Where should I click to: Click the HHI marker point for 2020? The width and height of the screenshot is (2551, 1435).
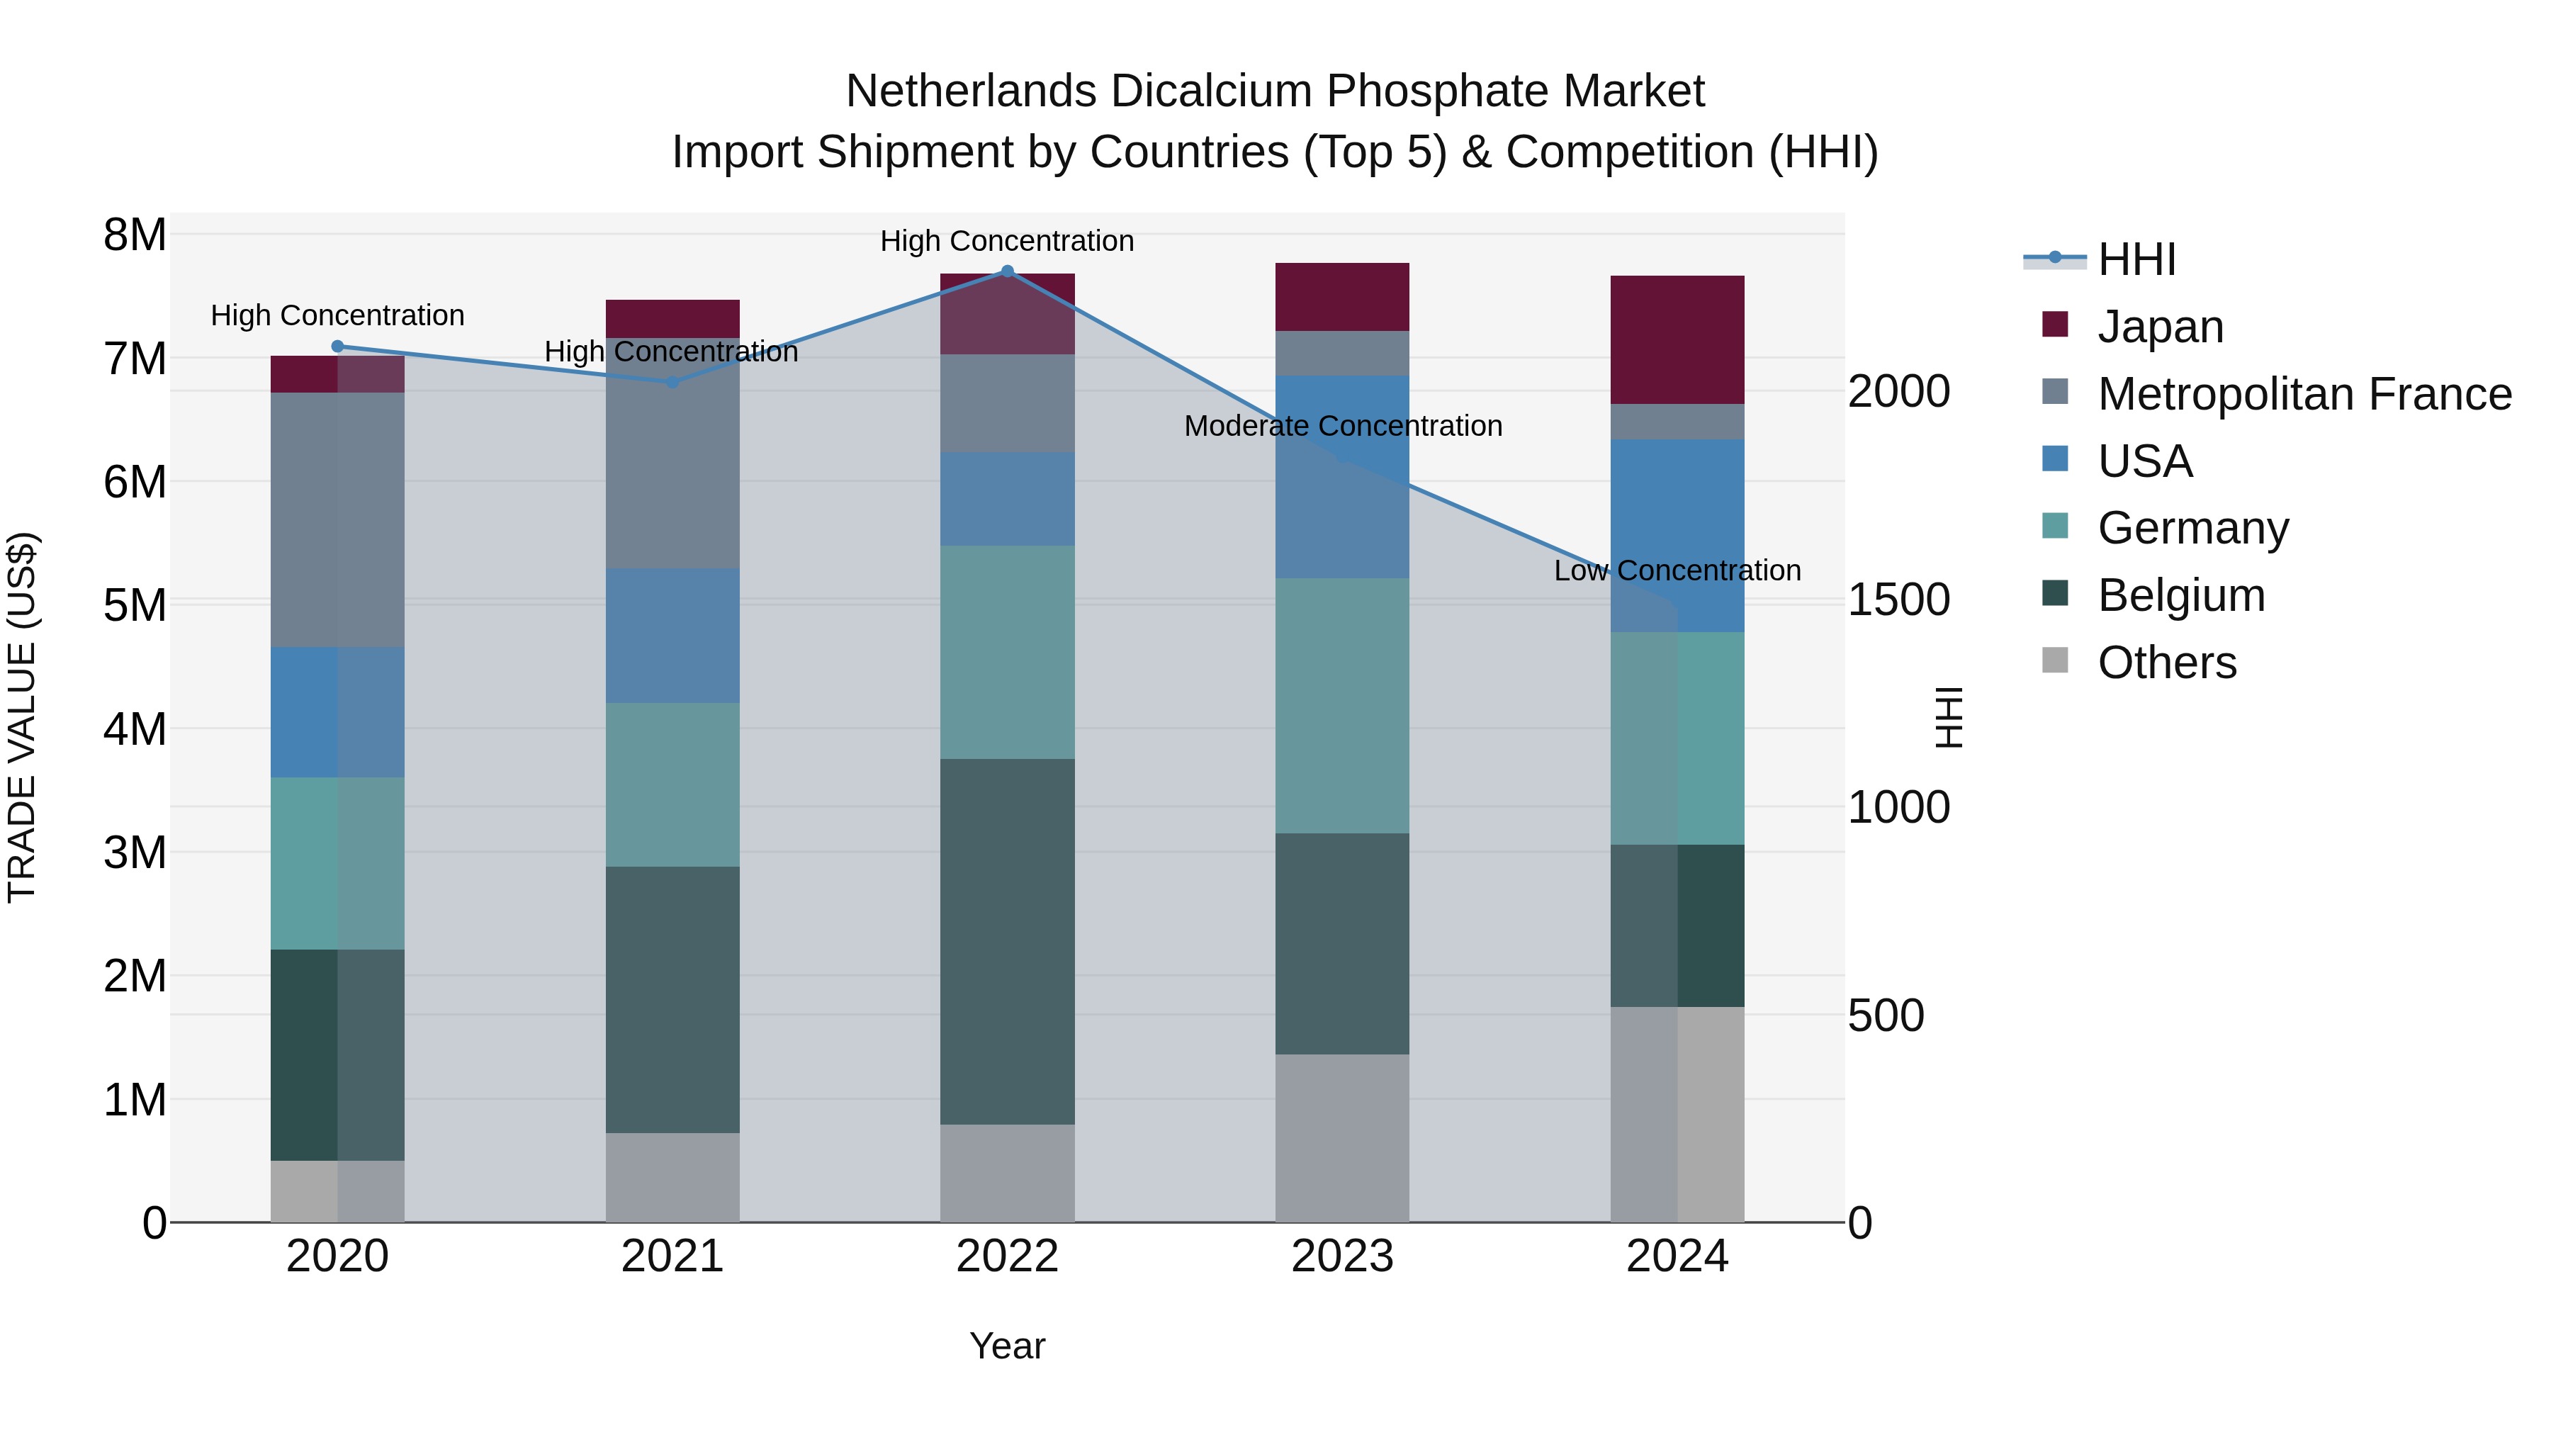click(x=338, y=347)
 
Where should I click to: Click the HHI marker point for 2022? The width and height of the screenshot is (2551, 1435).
click(x=1007, y=271)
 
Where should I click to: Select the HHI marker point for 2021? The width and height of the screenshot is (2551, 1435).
click(x=672, y=382)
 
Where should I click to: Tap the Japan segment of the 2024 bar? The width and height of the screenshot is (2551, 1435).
click(x=1677, y=339)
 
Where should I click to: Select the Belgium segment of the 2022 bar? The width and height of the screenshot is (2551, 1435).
click(x=1007, y=941)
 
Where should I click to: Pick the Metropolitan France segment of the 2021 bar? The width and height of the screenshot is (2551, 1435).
click(x=672, y=453)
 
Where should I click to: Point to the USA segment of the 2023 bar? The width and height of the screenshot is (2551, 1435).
click(x=1342, y=476)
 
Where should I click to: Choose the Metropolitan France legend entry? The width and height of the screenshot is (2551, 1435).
click(x=2304, y=394)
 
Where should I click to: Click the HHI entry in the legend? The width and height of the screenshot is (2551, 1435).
click(x=2136, y=259)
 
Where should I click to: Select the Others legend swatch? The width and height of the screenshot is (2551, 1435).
click(x=2055, y=660)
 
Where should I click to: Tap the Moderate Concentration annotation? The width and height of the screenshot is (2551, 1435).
click(x=1343, y=426)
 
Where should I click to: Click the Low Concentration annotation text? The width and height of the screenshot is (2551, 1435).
click(x=1677, y=570)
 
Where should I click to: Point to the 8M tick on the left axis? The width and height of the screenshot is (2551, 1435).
click(x=135, y=236)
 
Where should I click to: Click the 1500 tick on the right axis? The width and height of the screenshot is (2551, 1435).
click(x=1898, y=600)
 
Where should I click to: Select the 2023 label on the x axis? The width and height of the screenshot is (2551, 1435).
click(x=1342, y=1256)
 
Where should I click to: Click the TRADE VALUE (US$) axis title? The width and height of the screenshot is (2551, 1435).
click(x=22, y=717)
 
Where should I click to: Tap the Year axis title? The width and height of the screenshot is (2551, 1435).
click(x=1007, y=1346)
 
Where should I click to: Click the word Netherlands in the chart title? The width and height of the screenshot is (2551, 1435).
click(x=971, y=91)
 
